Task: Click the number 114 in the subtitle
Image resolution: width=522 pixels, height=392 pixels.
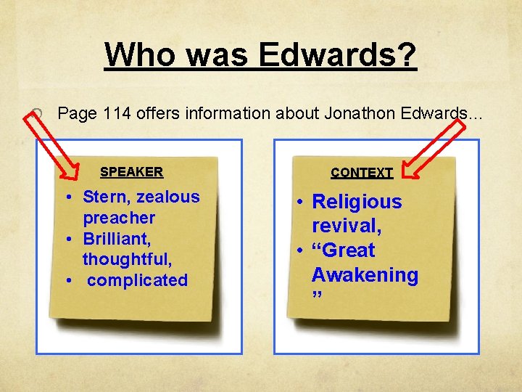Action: point(118,113)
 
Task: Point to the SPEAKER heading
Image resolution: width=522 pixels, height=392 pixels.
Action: point(131,172)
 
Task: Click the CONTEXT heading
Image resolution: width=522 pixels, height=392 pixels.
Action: point(362,173)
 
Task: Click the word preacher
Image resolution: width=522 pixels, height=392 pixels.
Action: point(119,218)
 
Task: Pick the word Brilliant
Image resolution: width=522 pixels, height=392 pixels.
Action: point(118,238)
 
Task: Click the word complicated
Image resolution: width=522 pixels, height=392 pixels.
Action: point(137,280)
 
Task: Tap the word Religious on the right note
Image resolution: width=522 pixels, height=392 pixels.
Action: point(356,202)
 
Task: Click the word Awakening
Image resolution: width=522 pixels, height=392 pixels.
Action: point(365,275)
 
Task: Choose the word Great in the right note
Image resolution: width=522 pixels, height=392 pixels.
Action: point(344,250)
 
